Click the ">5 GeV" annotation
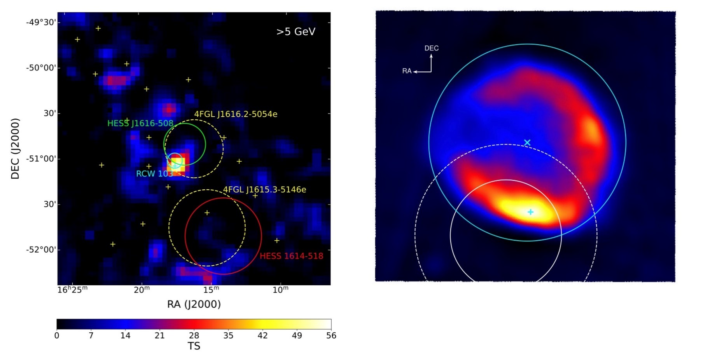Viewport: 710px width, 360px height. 296,32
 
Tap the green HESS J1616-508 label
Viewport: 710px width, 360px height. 140,124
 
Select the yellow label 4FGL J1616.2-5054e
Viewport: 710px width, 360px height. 236,114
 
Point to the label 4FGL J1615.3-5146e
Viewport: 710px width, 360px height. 264,190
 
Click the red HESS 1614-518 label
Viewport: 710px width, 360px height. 291,256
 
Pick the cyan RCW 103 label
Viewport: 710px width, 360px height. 154,174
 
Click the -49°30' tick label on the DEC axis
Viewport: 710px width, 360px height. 41,22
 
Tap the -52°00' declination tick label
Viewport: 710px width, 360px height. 41,250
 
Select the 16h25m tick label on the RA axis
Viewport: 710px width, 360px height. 72,290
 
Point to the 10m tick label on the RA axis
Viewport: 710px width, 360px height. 280,290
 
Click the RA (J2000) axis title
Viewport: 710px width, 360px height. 194,304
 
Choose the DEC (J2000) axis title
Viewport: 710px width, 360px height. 15,149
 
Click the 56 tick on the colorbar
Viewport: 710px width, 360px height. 331,336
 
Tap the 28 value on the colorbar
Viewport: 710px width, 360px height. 194,336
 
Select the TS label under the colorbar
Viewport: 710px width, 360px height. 194,346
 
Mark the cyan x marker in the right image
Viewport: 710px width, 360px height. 527,143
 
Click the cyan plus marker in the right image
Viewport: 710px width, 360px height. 530,212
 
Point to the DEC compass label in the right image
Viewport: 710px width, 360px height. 431,48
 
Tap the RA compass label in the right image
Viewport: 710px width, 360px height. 407,71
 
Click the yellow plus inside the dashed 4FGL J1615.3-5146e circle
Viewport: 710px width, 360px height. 207,213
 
